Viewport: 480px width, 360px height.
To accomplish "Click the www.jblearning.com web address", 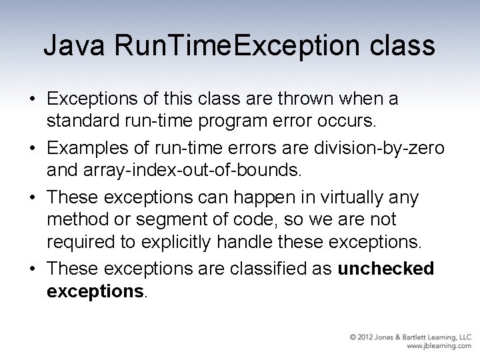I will [439, 347].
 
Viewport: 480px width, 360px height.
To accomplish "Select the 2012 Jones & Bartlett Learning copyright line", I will [411, 337].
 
